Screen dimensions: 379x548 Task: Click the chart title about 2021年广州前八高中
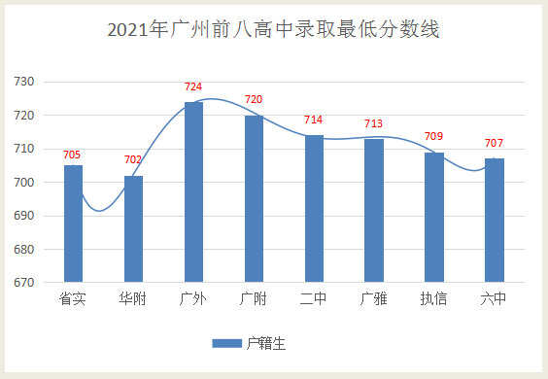273,30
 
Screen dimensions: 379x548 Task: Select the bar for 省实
73,224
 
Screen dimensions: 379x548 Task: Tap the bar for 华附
133,229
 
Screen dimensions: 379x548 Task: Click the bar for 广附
254,199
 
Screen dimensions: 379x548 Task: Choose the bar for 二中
314,209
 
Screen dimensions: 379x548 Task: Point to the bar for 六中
495,221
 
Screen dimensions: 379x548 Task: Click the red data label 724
193,87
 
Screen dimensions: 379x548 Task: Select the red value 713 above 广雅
374,124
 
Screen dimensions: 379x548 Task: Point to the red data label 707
495,144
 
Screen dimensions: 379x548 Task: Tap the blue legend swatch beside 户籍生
226,343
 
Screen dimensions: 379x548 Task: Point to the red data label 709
434,138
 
